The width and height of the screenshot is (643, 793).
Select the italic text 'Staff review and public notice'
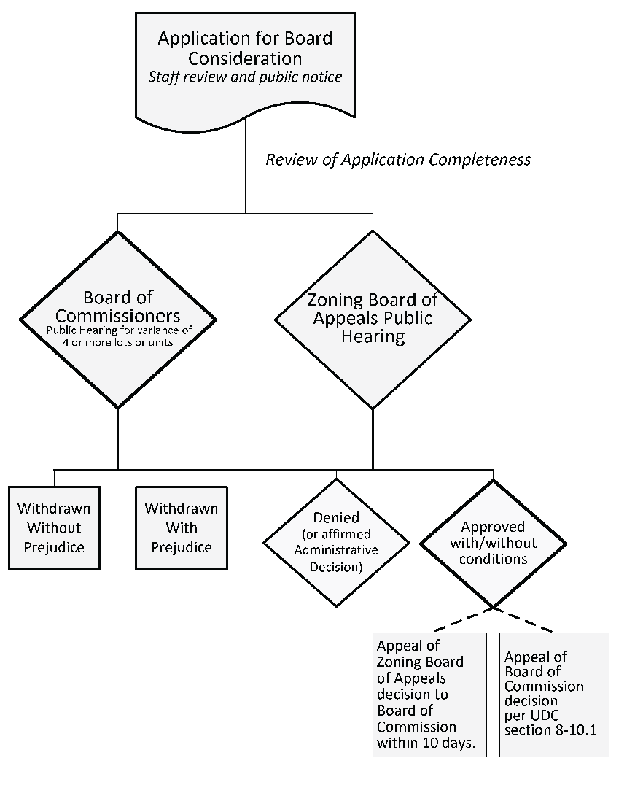click(245, 77)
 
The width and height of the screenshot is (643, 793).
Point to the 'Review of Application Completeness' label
click(398, 160)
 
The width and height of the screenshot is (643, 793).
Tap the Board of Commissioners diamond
click(117, 319)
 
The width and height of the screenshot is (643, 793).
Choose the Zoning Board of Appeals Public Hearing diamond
click(373, 319)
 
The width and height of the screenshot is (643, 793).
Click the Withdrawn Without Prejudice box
click(54, 527)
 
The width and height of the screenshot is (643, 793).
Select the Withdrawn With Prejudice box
click(181, 527)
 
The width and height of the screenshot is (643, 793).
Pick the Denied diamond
click(336, 543)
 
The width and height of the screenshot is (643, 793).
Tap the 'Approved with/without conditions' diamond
click(493, 544)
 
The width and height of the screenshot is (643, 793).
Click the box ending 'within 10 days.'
click(429, 694)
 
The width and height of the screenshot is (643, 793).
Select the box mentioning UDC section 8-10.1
click(553, 694)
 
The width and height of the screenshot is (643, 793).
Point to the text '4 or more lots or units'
click(118, 341)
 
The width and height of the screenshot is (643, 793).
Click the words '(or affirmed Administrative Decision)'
click(336, 550)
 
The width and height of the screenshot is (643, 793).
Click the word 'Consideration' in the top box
click(245, 58)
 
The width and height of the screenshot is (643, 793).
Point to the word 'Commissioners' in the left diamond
click(118, 316)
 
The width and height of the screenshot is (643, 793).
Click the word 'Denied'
click(336, 517)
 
